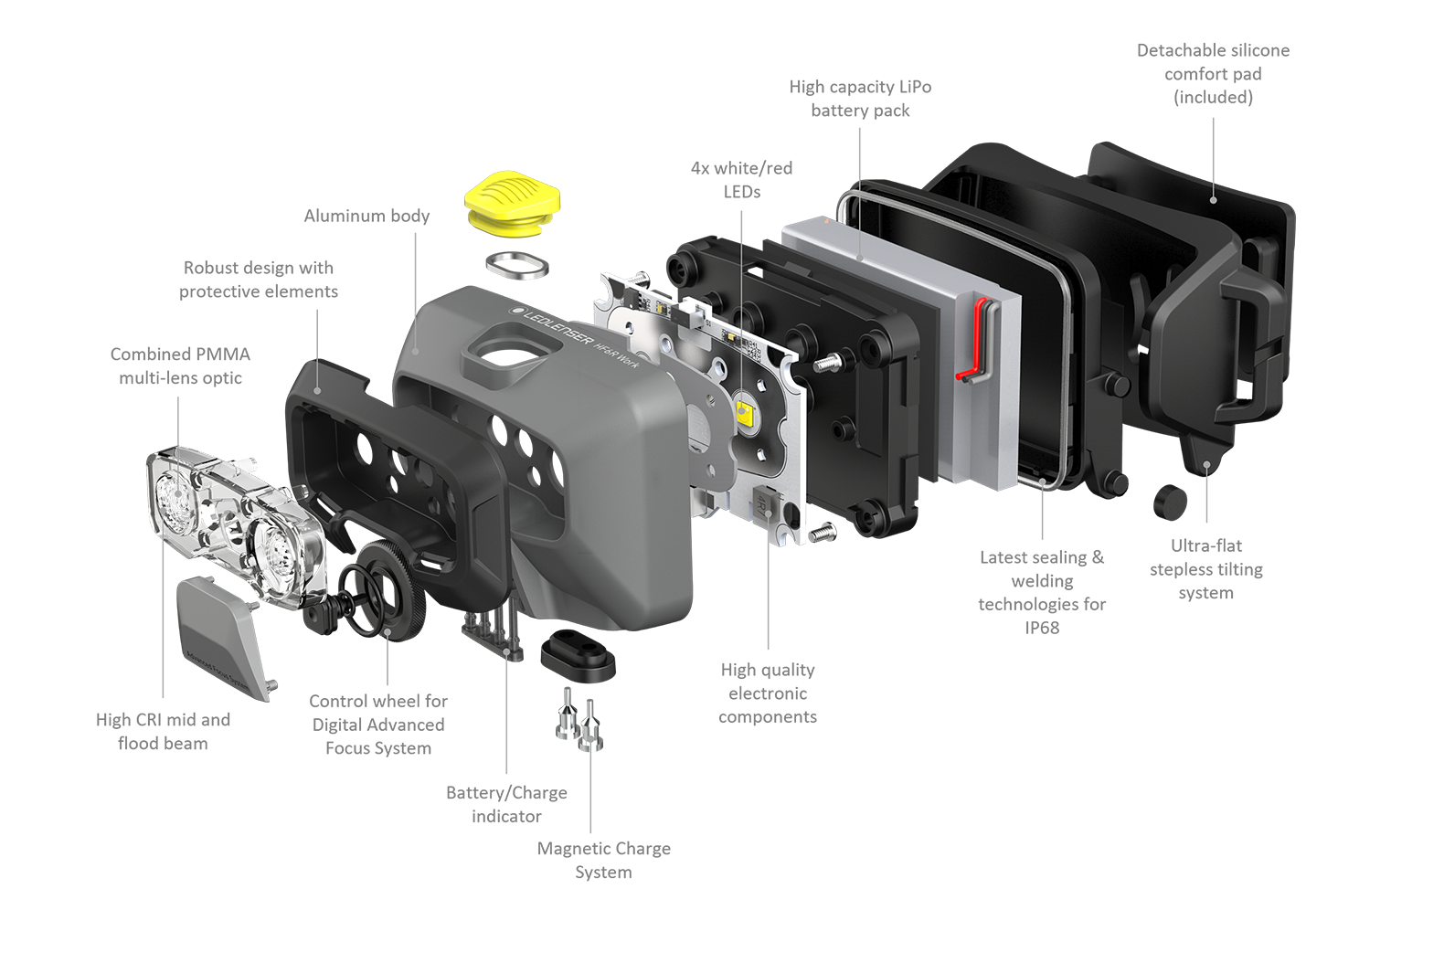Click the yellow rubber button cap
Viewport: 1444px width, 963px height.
[x=513, y=203]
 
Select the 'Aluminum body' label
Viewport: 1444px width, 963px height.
[x=366, y=216]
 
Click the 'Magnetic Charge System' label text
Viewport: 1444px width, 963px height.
[x=604, y=860]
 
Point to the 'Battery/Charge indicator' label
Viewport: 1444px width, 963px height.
[x=506, y=804]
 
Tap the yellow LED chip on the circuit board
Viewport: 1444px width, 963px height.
[x=745, y=409]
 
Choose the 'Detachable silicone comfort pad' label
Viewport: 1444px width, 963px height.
[x=1213, y=73]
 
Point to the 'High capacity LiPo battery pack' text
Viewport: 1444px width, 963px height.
[x=861, y=99]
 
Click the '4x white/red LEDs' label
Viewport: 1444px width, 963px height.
[x=742, y=180]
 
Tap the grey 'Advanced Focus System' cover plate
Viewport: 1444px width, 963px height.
[x=222, y=638]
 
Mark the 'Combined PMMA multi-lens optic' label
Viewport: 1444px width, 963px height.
[x=181, y=366]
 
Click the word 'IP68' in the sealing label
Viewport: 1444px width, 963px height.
[x=1043, y=628]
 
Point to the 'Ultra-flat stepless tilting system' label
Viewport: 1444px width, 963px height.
[x=1206, y=569]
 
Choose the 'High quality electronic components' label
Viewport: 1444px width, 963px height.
[x=768, y=693]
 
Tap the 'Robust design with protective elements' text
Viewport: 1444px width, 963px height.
[x=259, y=280]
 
